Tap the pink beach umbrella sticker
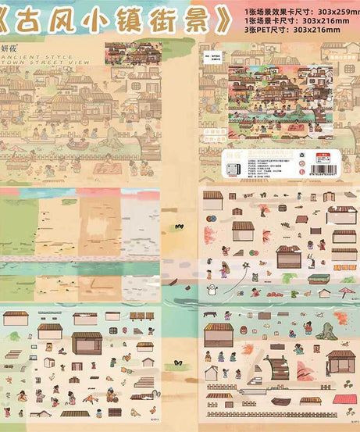pos(348,293)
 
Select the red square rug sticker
pos(344,398)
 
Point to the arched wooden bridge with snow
pos(276,366)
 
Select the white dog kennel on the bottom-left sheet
pos(48,362)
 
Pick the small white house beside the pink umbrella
pos(324,294)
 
